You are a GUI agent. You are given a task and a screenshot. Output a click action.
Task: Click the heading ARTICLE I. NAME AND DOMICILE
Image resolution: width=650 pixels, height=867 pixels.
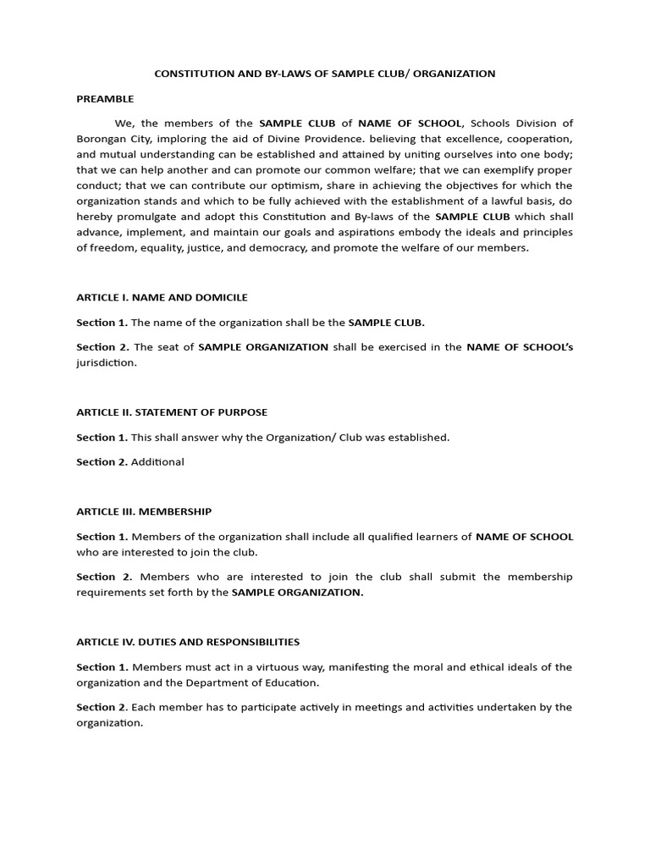[x=162, y=297]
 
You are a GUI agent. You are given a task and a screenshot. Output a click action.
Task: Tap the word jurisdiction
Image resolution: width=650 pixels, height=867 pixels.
[x=106, y=362]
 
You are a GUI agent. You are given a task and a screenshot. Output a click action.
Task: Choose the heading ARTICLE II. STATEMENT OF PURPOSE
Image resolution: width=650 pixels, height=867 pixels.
[x=172, y=412]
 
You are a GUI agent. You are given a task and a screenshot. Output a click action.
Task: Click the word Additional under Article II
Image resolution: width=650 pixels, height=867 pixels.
[x=157, y=462]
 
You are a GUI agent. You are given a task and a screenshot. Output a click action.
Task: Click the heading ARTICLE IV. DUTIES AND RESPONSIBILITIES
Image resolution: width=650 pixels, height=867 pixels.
[x=188, y=642]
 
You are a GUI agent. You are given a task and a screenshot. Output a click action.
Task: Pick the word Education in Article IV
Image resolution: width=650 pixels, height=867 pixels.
[x=294, y=682]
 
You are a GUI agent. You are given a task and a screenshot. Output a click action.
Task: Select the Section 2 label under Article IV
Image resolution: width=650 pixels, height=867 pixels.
[x=102, y=707]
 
